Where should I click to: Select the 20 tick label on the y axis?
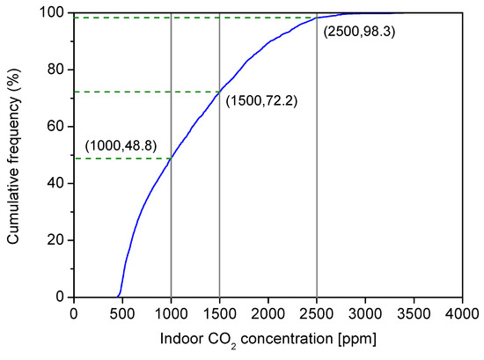(55, 240)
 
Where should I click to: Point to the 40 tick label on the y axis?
(55, 183)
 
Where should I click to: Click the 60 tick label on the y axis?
(55, 126)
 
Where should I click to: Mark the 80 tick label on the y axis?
(55, 70)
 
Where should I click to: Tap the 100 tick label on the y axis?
(52, 12)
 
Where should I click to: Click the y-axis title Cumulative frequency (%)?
(14, 154)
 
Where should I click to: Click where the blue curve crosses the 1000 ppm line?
(171, 158)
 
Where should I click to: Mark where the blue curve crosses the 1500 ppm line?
(219, 92)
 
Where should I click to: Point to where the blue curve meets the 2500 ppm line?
(317, 18)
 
